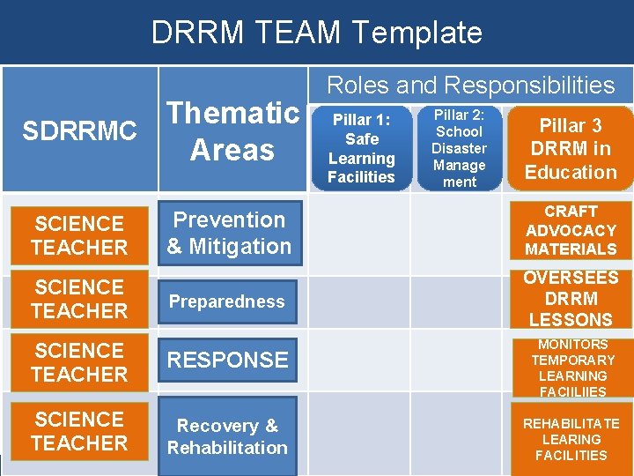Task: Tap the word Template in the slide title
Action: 417,33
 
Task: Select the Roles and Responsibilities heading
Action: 470,85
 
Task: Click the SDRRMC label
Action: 79,131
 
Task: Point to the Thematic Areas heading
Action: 232,131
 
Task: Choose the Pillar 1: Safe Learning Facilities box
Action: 361,147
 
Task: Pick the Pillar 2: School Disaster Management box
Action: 459,147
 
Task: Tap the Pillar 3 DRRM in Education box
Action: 571,148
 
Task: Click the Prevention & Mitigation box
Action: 229,233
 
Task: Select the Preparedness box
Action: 227,301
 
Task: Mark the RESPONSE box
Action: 227,360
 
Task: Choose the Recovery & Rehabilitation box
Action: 227,436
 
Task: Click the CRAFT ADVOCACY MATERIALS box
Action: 571,230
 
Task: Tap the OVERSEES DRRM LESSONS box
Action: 571,298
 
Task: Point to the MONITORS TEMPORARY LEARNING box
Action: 572,368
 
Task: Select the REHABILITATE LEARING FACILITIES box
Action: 571,439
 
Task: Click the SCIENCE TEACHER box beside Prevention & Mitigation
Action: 79,235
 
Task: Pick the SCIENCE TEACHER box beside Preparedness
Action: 79,299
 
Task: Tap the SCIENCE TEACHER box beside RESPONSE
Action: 79,362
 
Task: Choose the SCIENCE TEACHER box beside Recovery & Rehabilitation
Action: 79,430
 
